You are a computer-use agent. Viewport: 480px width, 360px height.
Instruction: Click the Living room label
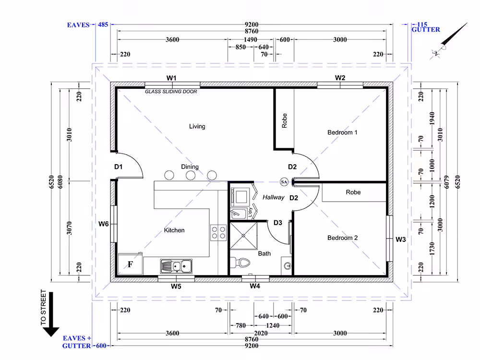point(197,126)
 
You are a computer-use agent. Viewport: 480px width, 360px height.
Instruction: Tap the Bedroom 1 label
point(342,132)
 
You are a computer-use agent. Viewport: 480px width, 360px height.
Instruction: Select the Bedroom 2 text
point(342,238)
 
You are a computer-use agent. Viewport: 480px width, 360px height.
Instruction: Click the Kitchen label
point(174,230)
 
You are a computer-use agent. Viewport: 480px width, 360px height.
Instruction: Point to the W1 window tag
point(171,78)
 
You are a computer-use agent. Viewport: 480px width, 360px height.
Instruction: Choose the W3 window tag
point(400,240)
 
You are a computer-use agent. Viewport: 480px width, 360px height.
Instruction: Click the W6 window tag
point(104,224)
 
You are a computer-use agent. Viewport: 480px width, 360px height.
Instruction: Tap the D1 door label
point(118,167)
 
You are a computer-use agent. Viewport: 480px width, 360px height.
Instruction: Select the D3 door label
point(277,223)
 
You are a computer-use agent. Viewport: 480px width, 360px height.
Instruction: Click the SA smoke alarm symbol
point(284,182)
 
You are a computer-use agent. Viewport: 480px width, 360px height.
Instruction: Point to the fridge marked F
point(131,264)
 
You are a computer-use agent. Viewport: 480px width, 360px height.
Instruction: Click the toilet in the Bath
point(240,263)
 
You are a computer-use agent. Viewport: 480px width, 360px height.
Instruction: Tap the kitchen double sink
point(176,266)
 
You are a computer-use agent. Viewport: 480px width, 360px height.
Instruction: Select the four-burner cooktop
point(218,233)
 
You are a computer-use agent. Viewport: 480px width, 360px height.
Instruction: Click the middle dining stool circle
point(191,175)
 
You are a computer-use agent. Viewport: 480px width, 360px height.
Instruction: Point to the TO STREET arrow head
point(51,332)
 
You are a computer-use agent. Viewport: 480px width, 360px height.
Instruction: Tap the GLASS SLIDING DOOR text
point(171,91)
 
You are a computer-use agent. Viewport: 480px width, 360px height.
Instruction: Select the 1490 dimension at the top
point(251,39)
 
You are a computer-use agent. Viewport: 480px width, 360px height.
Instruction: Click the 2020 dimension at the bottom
point(261,333)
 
